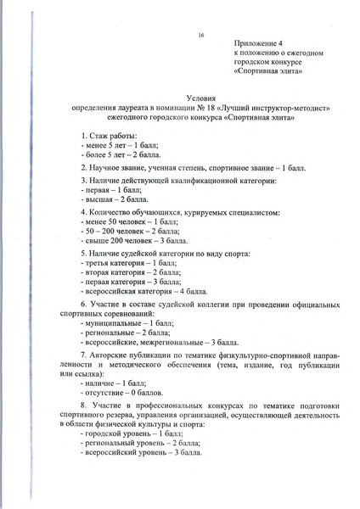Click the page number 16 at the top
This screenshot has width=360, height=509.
pos(201,35)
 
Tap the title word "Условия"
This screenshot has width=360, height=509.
pos(201,98)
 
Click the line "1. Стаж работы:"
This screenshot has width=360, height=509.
pos(113,136)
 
